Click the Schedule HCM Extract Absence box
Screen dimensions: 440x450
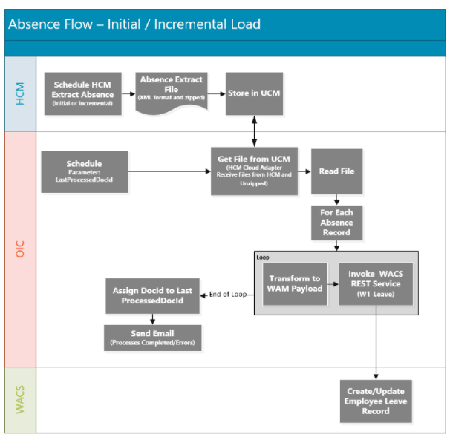(83, 93)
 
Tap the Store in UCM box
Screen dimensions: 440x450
(254, 93)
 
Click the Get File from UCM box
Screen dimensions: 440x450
(254, 171)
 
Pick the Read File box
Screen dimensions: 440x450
(336, 171)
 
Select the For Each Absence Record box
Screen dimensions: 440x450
(336, 223)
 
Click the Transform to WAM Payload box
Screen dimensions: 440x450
(295, 283)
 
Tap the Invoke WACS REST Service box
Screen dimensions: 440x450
(374, 283)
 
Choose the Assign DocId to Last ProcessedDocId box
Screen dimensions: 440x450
(152, 295)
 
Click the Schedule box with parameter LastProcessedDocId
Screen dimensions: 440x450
(84, 171)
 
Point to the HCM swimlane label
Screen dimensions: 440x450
(20, 94)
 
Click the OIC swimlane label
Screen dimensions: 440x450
(20, 249)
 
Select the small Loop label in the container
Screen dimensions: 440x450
(263, 257)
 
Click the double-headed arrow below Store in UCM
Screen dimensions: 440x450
(254, 131)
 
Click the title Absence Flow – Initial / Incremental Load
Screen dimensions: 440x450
(134, 24)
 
